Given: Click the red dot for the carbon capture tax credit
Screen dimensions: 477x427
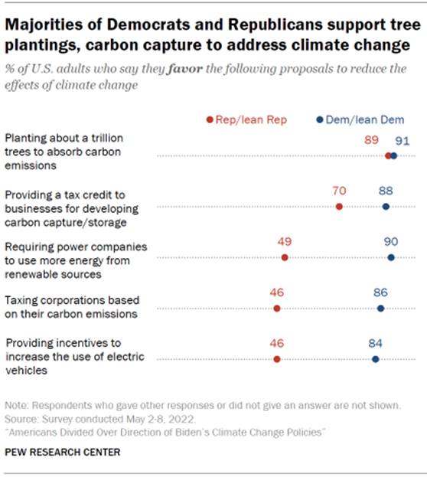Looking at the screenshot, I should pos(339,207).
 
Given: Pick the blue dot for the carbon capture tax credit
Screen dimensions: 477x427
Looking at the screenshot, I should pos(386,207).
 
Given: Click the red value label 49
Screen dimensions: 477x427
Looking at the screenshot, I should pos(285,242).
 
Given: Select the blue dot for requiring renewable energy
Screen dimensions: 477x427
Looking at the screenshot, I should pos(391,257).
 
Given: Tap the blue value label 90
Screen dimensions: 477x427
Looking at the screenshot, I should pos(391,242).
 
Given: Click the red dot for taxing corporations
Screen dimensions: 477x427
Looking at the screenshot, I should pos(277,309).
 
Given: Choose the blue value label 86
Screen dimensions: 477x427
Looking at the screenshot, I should pos(380,292).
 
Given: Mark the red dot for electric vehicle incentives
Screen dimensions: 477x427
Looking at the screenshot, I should pos(277,358).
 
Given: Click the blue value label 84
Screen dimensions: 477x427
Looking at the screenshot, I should pos(375,343).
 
